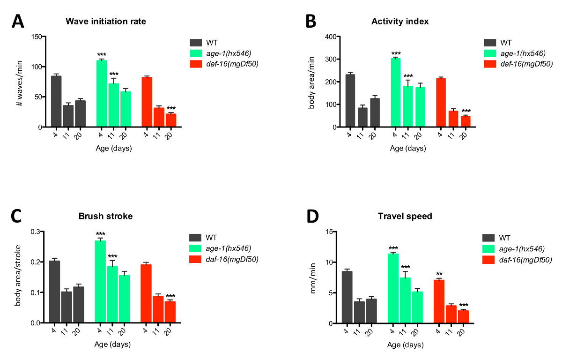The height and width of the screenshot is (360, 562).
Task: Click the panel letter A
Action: (x=17, y=22)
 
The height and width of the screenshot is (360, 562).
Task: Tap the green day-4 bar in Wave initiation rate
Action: (x=102, y=94)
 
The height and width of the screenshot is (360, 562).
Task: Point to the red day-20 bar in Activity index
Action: (x=465, y=121)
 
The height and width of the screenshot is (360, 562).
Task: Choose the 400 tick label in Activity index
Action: (x=331, y=37)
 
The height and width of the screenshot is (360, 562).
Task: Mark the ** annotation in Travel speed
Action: (x=440, y=274)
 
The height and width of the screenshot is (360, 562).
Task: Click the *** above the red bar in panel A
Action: (x=171, y=109)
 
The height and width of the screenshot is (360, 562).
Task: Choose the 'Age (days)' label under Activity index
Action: (x=408, y=149)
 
